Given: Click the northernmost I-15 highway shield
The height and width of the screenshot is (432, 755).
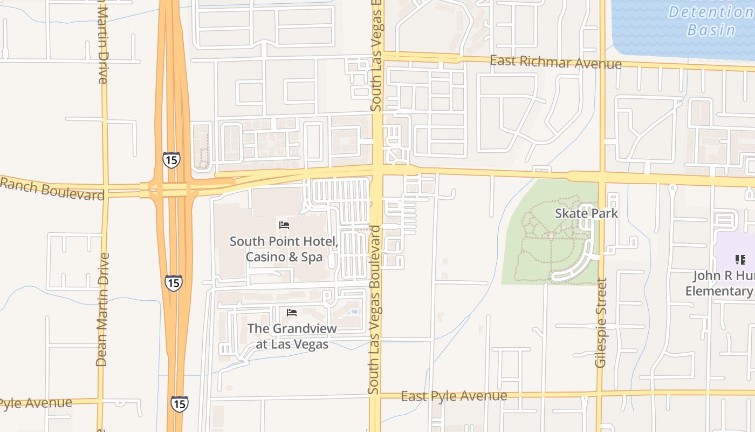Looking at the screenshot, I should pos(171,160).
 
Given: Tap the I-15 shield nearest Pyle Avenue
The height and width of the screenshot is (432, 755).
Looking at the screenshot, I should pos(180,403).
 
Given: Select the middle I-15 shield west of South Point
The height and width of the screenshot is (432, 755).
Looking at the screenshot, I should pos(173,282).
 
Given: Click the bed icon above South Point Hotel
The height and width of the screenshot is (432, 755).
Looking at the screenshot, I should pos(284,225).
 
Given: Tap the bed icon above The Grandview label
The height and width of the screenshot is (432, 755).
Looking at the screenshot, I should pos(292,313).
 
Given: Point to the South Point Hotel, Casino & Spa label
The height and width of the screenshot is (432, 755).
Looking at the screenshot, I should pos(284,249).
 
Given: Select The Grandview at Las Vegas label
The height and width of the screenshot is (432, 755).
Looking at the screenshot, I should pos(292,336).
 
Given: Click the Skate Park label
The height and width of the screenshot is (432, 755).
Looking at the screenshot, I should pos(587,213).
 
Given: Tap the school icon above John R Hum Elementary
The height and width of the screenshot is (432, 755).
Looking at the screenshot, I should pos(740,260).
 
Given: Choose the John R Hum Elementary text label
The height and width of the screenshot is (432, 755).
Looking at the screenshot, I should pos(720,283).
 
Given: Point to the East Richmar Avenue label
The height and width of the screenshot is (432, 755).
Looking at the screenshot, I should pos(555,62).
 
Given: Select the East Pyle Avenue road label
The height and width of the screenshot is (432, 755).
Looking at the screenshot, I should pos(454,396).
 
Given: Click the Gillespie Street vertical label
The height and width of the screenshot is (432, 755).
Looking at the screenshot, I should pos(601,322).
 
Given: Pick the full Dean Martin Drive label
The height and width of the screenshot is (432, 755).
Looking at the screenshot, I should pos(102,309).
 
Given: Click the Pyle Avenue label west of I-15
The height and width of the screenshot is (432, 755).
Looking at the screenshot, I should pos(36,403).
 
